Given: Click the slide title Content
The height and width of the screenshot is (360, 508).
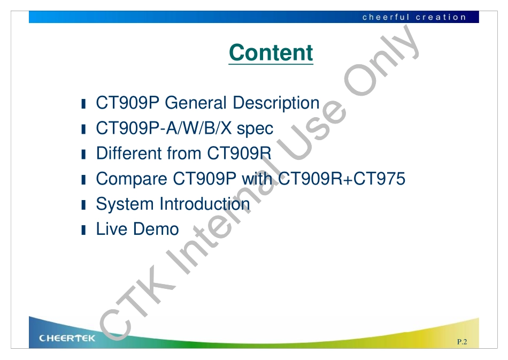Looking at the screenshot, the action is click(x=271, y=52).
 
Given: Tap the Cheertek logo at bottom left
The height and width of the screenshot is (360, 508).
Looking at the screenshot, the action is click(x=67, y=338).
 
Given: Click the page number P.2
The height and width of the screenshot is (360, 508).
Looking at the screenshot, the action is click(x=462, y=341).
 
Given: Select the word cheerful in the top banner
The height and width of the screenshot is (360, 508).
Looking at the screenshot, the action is click(x=386, y=17).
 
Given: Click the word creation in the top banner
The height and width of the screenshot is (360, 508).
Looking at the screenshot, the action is click(x=441, y=17).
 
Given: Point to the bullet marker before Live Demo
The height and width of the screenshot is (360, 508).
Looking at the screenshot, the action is click(x=83, y=229).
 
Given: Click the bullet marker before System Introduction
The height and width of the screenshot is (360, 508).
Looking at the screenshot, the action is click(x=83, y=205).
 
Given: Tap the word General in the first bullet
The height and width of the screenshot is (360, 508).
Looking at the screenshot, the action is click(x=195, y=103).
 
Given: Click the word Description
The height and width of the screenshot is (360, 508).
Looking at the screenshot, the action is click(x=276, y=103).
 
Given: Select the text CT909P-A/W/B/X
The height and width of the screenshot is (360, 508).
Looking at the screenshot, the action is click(x=164, y=128).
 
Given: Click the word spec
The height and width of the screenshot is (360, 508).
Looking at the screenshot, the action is click(x=255, y=129).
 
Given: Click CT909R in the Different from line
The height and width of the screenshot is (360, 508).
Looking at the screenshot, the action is click(x=239, y=154).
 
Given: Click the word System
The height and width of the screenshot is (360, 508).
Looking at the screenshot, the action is click(x=125, y=204).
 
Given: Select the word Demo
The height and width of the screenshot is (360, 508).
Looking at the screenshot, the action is click(x=156, y=229).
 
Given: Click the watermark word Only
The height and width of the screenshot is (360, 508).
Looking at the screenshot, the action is click(x=382, y=61).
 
